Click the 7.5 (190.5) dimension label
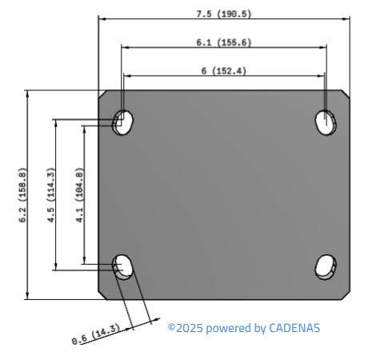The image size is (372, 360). click(x=223, y=14)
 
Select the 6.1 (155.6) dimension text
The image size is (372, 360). click(x=223, y=42)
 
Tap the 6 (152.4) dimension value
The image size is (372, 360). click(x=223, y=71)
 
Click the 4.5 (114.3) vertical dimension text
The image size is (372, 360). click(x=50, y=194)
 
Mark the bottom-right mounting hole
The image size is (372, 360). click(x=325, y=267)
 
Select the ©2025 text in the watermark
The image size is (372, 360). click(x=186, y=328)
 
